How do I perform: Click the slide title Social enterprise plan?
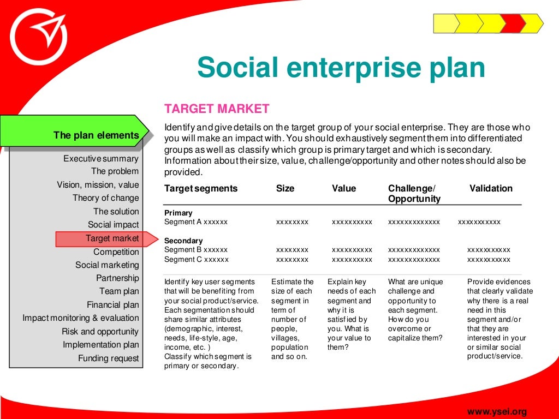click(341, 68)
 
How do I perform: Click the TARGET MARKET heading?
click(217, 109)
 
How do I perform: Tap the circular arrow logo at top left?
click(38, 38)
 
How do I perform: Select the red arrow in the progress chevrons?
click(513, 23)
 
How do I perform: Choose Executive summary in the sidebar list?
click(101, 159)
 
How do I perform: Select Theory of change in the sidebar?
click(106, 198)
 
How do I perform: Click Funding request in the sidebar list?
click(109, 358)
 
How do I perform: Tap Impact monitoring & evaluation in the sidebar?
click(81, 318)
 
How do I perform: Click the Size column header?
click(285, 189)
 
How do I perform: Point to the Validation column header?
click(491, 189)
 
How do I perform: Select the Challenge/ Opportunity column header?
click(414, 194)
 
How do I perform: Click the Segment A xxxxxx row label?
click(196, 222)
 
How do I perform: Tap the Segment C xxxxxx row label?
click(197, 260)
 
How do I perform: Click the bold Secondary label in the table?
click(183, 241)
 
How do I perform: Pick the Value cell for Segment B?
click(352, 250)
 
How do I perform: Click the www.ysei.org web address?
click(497, 411)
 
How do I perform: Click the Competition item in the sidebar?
click(116, 252)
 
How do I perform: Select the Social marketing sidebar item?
click(108, 265)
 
